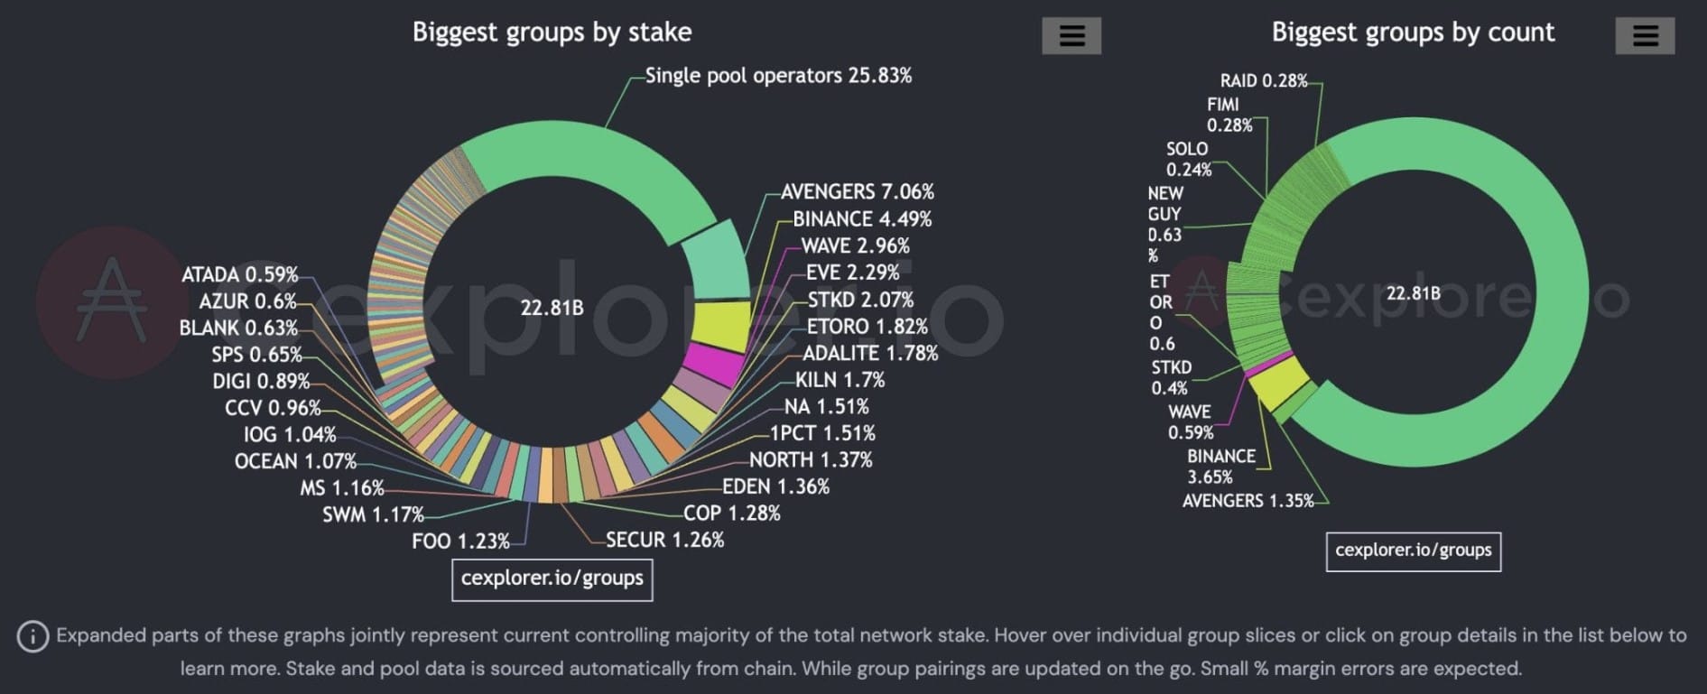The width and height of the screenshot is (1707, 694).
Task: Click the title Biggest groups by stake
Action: click(552, 32)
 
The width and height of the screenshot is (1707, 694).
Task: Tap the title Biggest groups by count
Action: click(1413, 32)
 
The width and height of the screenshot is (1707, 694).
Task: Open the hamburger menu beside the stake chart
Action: click(1072, 36)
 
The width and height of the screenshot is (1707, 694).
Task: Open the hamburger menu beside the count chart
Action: click(1645, 36)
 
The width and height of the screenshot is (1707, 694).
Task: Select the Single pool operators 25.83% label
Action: click(778, 76)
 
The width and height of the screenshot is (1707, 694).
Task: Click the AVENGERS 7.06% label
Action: click(857, 192)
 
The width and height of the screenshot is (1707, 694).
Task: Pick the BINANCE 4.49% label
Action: click(862, 219)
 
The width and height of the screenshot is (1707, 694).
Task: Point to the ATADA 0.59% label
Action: click(239, 274)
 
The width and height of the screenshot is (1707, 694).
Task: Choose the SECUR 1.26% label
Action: click(664, 540)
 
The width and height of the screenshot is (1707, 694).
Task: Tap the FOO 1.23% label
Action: click(460, 541)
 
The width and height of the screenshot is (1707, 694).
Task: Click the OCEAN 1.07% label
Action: click(295, 461)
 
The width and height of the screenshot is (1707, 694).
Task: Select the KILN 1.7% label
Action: click(840, 380)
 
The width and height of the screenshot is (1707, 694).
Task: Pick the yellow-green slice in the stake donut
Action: click(722, 326)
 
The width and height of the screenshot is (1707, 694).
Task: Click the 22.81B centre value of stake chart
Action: click(552, 309)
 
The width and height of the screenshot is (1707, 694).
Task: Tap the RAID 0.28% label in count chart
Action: click(1263, 81)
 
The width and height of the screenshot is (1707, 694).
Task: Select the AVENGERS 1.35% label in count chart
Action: click(1248, 501)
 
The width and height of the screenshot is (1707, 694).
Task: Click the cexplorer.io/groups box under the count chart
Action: click(1413, 551)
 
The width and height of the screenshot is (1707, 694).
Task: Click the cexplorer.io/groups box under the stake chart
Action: click(552, 578)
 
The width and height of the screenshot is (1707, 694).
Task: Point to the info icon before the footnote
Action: click(32, 636)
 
